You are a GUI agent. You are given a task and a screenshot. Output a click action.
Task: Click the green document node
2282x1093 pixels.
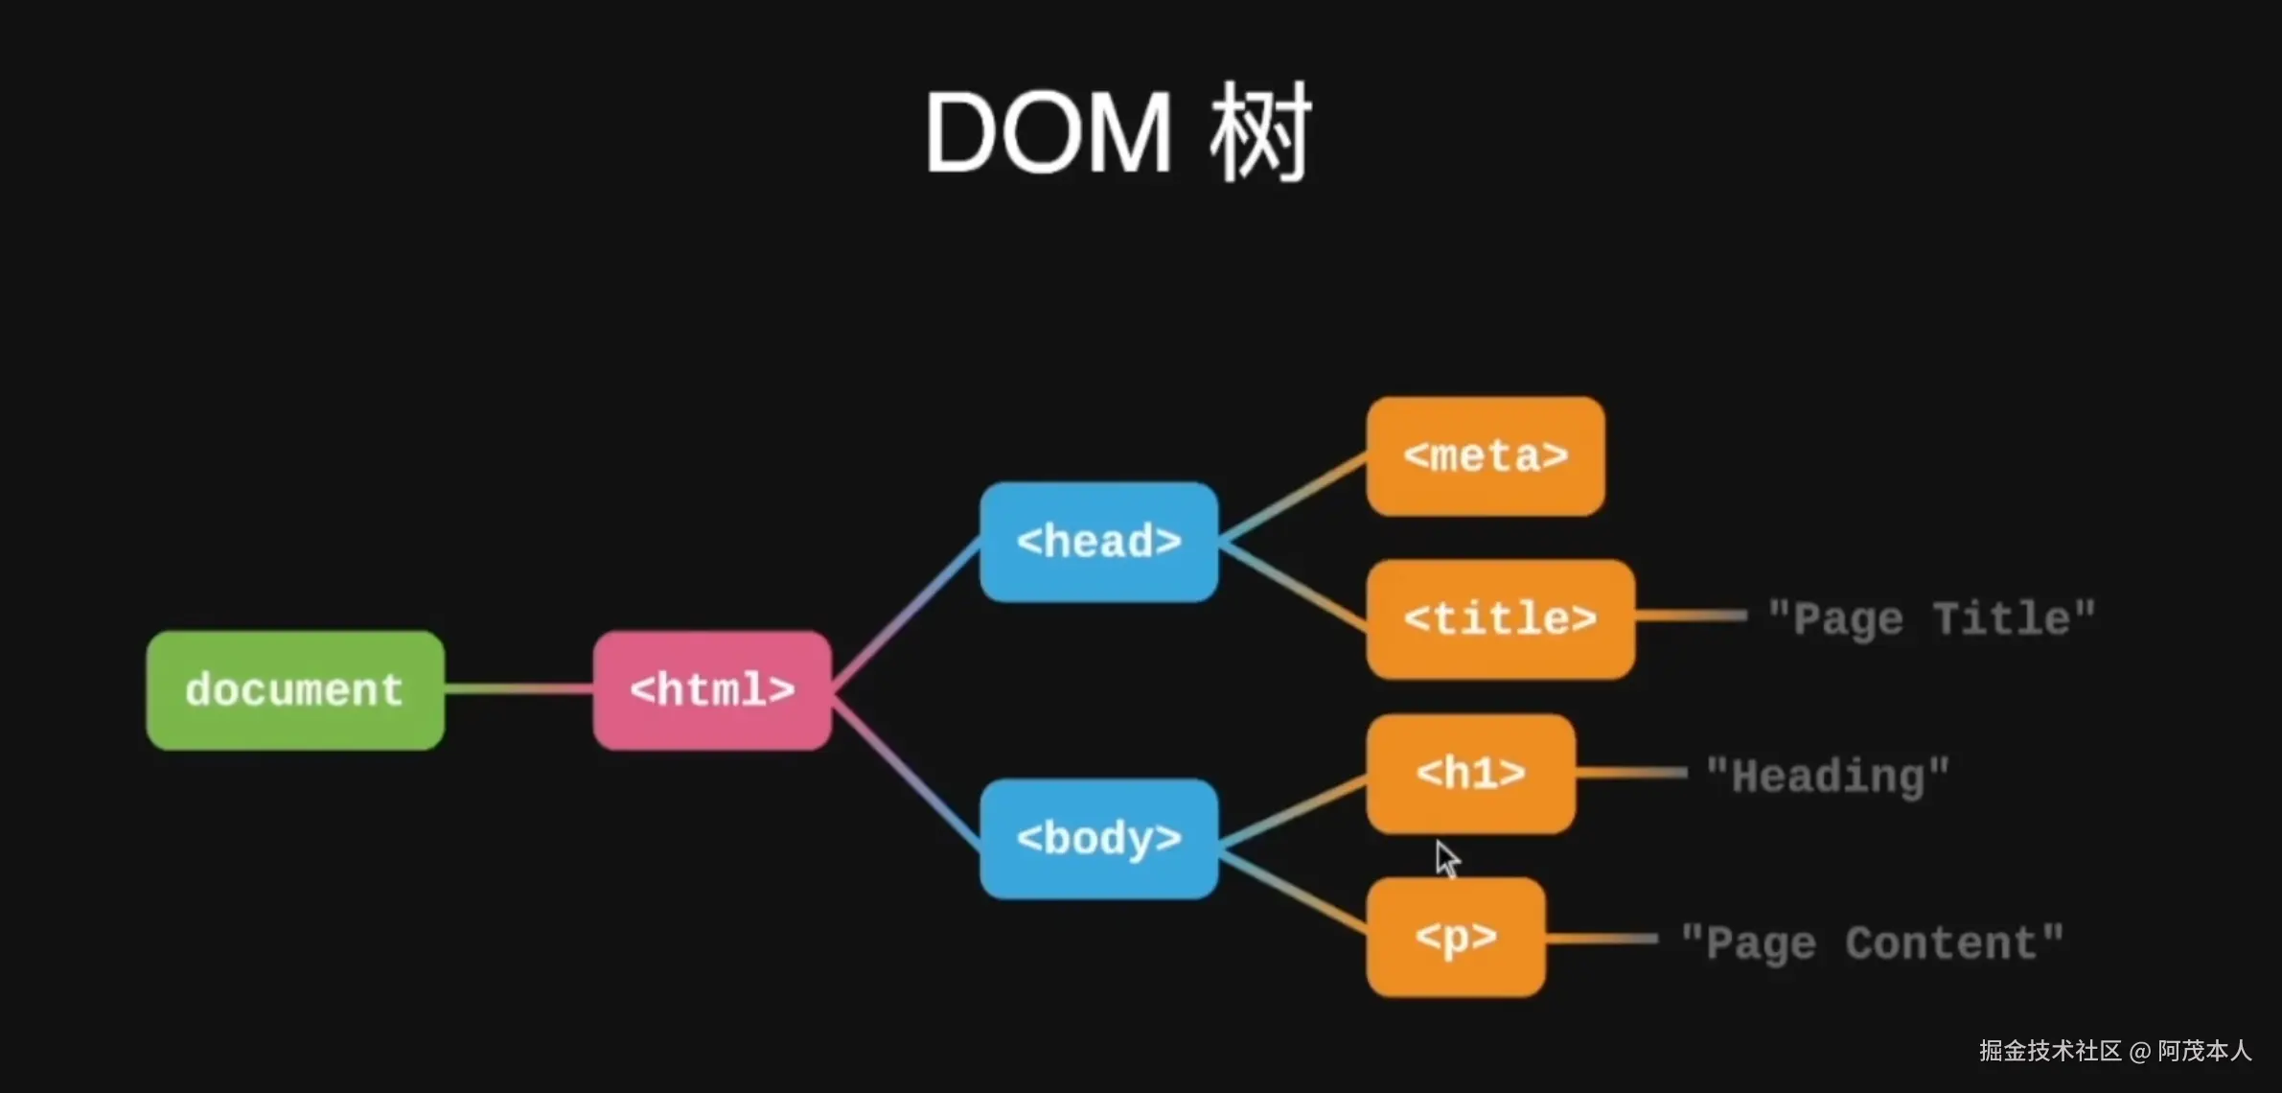coord(295,690)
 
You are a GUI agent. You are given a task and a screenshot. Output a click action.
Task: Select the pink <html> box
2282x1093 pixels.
coord(712,690)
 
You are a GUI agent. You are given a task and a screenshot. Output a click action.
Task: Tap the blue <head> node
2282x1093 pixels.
coord(1098,542)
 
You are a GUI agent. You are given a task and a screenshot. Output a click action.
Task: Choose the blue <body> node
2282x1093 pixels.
coord(1098,839)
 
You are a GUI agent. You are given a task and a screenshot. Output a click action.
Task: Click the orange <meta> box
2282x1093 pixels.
coord(1486,456)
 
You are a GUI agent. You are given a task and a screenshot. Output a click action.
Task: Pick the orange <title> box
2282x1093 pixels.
coord(1500,619)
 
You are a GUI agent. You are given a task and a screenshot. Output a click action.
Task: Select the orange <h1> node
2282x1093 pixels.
coord(1470,774)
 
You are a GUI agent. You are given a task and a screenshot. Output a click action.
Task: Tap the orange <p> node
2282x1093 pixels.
coord(1456,937)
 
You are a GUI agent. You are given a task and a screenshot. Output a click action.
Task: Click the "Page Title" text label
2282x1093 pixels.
coord(1931,619)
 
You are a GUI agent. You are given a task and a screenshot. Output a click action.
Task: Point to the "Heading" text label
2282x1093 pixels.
coord(1828,776)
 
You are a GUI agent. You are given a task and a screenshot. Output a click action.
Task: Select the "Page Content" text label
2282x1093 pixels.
coord(1872,943)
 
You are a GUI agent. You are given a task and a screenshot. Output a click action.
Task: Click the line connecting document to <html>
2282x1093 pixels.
coord(519,688)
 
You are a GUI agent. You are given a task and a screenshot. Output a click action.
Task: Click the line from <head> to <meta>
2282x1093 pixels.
coord(1292,499)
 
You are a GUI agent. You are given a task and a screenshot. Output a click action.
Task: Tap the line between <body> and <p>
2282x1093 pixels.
coord(1292,892)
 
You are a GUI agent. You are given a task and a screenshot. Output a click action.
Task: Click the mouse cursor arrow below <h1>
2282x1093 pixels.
coord(1446,858)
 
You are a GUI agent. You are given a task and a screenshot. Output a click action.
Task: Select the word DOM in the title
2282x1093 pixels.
coord(1048,133)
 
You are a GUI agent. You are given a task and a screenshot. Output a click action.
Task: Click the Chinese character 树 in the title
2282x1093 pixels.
coord(1259,133)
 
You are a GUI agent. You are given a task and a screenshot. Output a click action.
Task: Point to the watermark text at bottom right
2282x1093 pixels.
coord(2114,1051)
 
